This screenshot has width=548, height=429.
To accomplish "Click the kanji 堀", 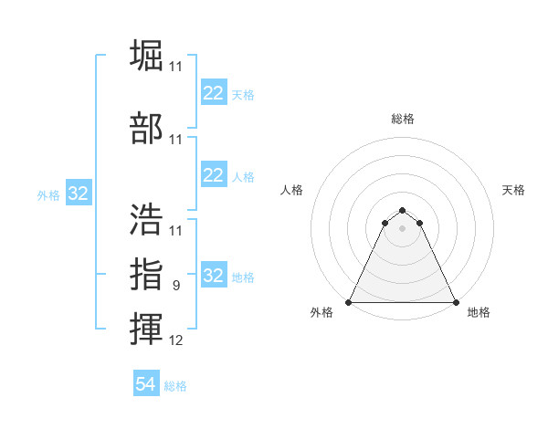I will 147,57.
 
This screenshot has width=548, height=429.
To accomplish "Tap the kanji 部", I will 147,129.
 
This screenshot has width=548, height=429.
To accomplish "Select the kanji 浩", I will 147,219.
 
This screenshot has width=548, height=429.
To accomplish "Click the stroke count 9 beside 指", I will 176,286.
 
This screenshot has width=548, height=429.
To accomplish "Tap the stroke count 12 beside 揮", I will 176,341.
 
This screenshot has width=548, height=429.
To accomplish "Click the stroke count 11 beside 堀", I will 176,67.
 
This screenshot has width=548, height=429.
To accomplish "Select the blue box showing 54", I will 146,384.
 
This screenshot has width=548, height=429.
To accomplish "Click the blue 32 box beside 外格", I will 78,194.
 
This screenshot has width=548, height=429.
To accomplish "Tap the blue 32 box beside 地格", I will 213,276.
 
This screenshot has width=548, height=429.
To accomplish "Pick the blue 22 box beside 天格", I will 213,93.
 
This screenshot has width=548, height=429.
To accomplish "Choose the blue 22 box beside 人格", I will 213,175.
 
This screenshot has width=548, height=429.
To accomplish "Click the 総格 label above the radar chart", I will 403,120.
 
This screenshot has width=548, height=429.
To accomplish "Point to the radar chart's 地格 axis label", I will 479,313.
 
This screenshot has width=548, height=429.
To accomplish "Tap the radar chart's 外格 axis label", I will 321,313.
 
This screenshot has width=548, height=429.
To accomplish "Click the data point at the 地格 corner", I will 456,302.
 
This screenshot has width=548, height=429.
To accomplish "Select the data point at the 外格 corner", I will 349,302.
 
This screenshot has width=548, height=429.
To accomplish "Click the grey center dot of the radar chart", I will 403,227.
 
